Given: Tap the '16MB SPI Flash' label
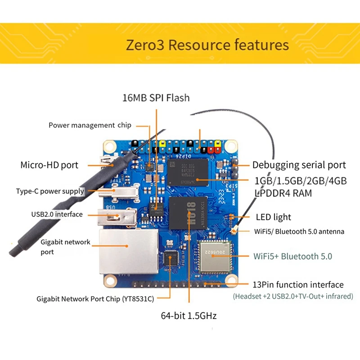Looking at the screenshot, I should pyautogui.click(x=156, y=97).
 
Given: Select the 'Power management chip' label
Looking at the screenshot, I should pyautogui.click(x=90, y=125).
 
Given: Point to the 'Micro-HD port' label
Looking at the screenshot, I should pyautogui.click(x=49, y=165).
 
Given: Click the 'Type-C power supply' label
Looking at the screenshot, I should pyautogui.click(x=50, y=191).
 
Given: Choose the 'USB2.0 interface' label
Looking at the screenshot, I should pyautogui.click(x=57, y=214).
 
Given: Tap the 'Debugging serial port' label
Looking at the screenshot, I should pyautogui.click(x=299, y=165).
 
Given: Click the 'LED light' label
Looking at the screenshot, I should pyautogui.click(x=273, y=217).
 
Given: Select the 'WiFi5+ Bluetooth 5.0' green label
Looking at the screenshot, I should pyautogui.click(x=293, y=256).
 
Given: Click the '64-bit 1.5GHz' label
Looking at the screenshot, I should pyautogui.click(x=189, y=316).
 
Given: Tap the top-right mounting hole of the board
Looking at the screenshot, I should pyautogui.click(x=231, y=146).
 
